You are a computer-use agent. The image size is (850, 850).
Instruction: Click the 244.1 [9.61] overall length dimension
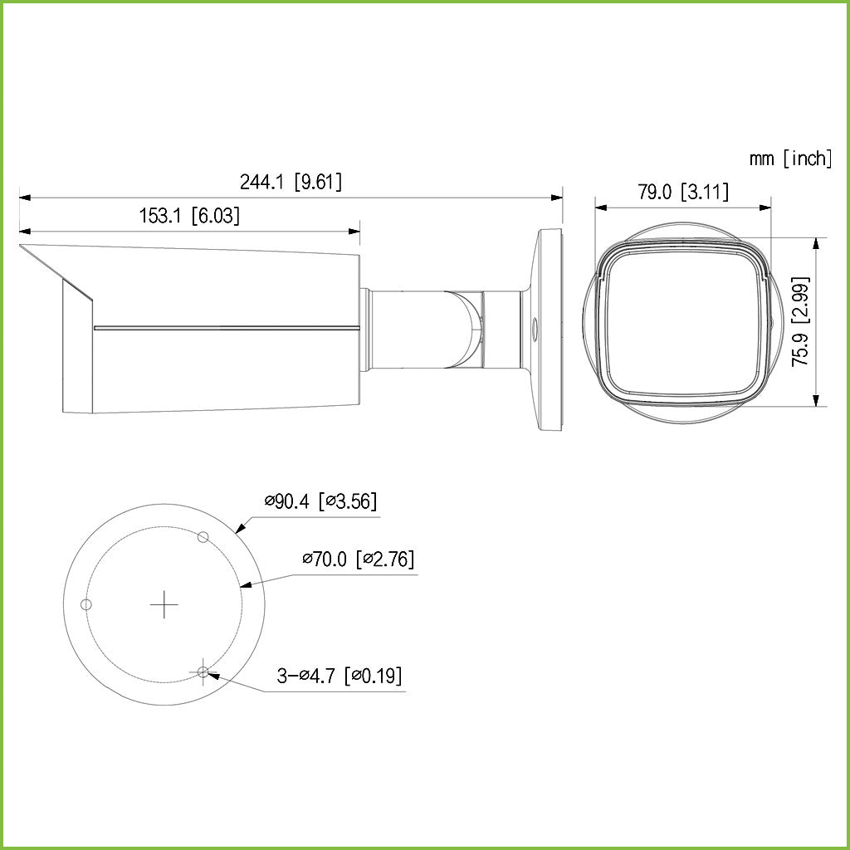coord(291,182)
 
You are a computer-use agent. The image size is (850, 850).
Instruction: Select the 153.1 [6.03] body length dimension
coord(189,217)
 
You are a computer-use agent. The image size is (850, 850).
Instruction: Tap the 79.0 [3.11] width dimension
coord(683,192)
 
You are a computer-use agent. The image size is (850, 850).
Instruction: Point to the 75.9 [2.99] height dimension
coord(801,322)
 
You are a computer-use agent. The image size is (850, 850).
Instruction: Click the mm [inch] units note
coord(789,159)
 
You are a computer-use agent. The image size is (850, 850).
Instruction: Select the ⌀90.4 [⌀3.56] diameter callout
coord(321,501)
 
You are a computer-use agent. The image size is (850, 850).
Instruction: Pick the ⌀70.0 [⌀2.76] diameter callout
coord(358,559)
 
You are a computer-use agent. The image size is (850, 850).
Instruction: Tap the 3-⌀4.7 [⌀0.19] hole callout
coord(340,676)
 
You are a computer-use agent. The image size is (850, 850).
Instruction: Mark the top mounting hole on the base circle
coord(202,537)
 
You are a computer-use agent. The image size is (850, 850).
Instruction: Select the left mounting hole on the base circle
coord(85,604)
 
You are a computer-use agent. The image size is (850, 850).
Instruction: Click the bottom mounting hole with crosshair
coord(203,672)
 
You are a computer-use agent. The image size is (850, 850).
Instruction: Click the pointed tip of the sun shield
coord(22,247)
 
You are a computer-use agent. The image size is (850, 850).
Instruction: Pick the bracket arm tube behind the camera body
coord(407,328)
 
